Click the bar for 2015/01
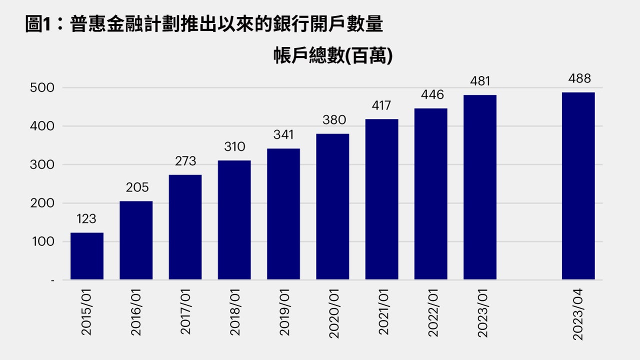pyautogui.click(x=87, y=256)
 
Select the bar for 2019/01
pyautogui.click(x=283, y=214)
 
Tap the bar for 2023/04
pyautogui.click(x=578, y=186)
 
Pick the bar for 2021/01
pyautogui.click(x=381, y=199)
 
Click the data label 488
pyautogui.click(x=579, y=78)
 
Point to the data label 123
pyautogui.click(x=86, y=219)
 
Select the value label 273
pyautogui.click(x=185, y=161)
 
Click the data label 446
pyautogui.click(x=432, y=94)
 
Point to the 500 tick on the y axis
pyautogui.click(x=42, y=88)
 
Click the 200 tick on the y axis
pyautogui.click(x=42, y=203)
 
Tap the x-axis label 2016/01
pyautogui.click(x=136, y=311)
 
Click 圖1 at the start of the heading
pyautogui.click(x=38, y=24)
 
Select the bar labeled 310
pyautogui.click(x=234, y=220)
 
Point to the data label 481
pyautogui.click(x=480, y=81)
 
